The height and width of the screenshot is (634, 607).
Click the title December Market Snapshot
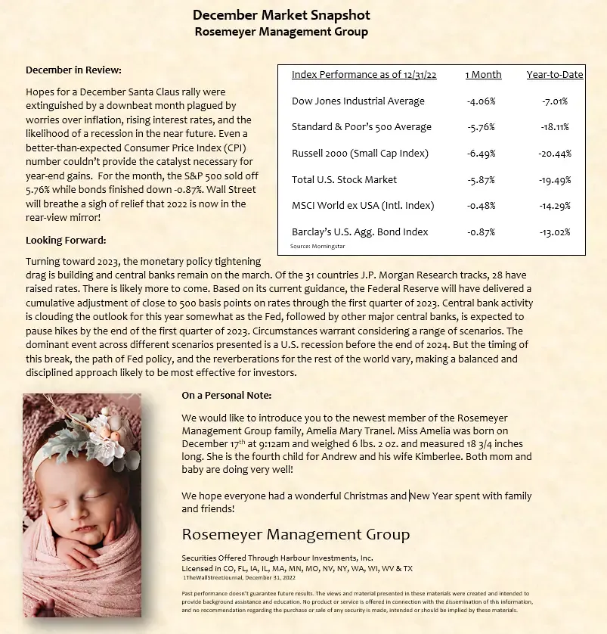coord(281,15)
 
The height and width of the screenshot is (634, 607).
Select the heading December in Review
coord(73,70)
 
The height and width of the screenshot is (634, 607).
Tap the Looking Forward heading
coord(66,240)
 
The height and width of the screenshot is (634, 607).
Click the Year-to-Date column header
coord(555,75)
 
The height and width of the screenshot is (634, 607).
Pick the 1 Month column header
coord(483,75)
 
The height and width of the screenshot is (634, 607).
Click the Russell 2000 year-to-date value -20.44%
coord(555,153)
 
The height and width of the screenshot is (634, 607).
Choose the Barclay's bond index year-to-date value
coord(555,232)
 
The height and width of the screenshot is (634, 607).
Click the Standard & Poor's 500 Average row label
coord(361,127)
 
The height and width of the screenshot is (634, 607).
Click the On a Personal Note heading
coord(227,395)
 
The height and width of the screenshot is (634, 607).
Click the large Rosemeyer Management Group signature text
coord(296,535)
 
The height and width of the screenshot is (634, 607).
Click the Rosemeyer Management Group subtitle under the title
coord(281,32)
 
